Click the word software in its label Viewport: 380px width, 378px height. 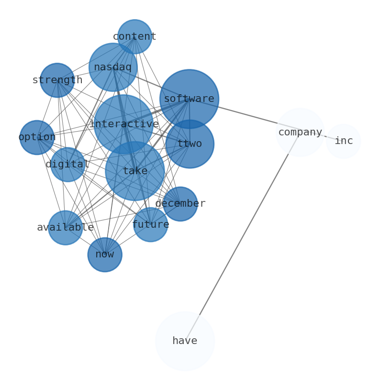tap(189, 99)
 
